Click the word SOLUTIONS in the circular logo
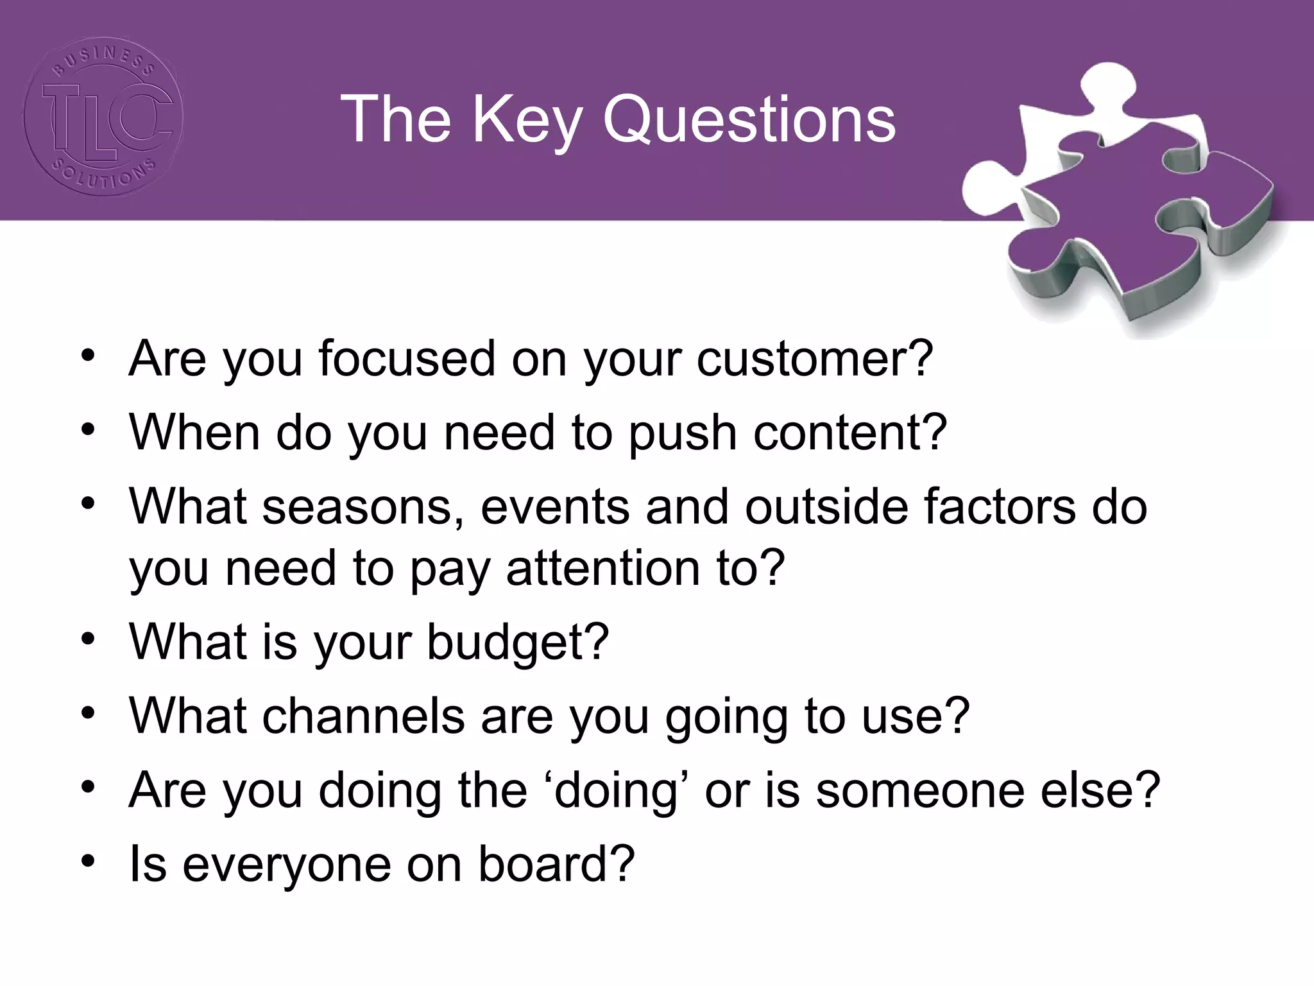point(103,176)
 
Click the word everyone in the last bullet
point(286,865)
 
